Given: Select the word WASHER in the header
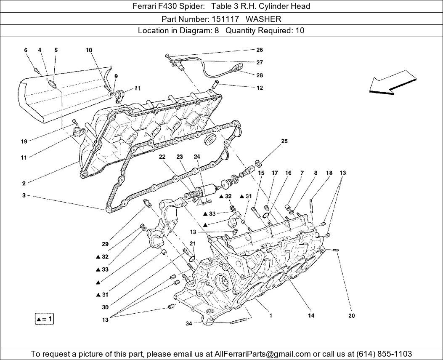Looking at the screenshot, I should (263, 19).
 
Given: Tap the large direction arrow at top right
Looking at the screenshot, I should (393, 82).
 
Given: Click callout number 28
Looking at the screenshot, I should (260, 75).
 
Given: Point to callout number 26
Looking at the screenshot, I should (260, 50).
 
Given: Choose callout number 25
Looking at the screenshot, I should (284, 141).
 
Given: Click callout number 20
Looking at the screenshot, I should (352, 316).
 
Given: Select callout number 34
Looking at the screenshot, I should (189, 323).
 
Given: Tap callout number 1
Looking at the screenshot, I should (271, 315).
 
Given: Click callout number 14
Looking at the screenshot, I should (311, 315).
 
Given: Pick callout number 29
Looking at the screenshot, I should (105, 244).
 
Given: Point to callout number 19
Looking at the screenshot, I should (24, 141).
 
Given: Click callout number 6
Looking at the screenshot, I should (26, 50).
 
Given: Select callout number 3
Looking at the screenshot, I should (24, 195).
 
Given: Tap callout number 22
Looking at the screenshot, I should (162, 157).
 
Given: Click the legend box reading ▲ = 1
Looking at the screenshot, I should (44, 319).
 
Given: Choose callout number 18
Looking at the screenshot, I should (329, 173).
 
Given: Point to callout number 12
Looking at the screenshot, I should (260, 88).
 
